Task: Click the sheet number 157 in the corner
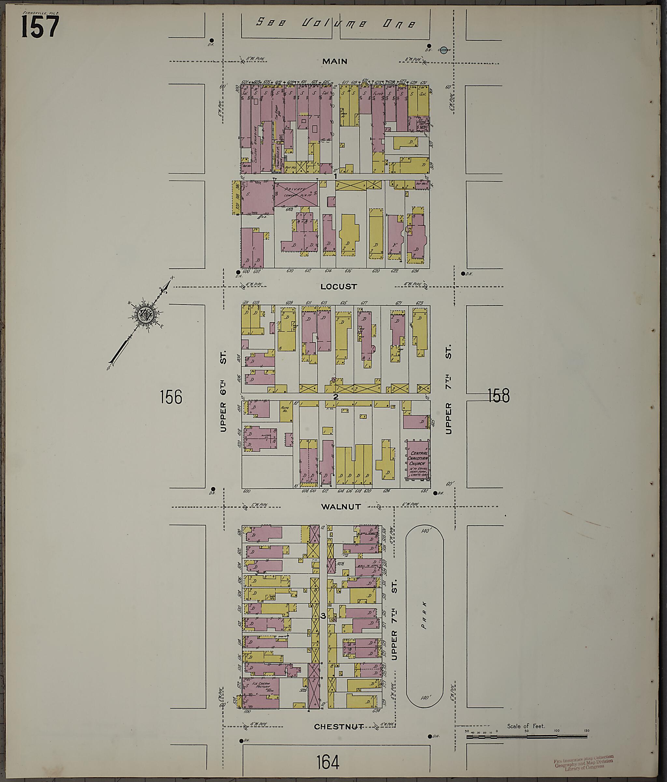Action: (40, 27)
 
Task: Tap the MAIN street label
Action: (335, 61)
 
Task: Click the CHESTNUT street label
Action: (339, 727)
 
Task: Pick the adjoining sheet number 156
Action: (171, 397)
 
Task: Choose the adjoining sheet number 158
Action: (498, 395)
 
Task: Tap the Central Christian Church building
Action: (418, 460)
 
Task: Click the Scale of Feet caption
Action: (526, 726)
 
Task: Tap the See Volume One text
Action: (335, 23)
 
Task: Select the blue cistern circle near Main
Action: (444, 50)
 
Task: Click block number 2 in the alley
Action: (335, 397)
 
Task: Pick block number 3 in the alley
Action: (323, 616)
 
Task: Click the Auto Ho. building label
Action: (285, 409)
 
